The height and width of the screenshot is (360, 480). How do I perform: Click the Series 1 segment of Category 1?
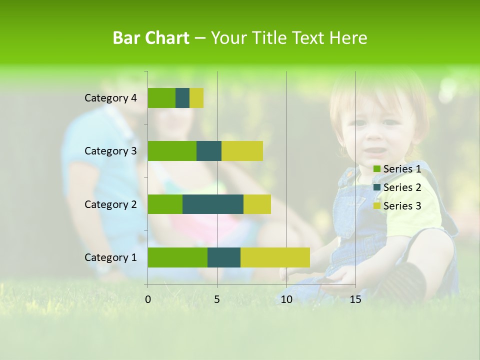[x=177, y=257]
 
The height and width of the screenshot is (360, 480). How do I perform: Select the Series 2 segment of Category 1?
[x=224, y=257]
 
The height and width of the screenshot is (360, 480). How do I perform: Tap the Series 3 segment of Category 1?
[x=275, y=257]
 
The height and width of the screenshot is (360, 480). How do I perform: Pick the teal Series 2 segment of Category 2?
[x=213, y=204]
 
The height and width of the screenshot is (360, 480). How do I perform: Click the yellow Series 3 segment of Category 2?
[x=257, y=204]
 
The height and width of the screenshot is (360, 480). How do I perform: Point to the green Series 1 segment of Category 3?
[x=172, y=151]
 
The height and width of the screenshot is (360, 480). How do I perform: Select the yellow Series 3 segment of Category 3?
[x=242, y=151]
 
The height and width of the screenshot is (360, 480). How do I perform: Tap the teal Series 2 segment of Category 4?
[x=182, y=98]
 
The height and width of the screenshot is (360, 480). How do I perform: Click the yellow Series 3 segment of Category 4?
[x=196, y=98]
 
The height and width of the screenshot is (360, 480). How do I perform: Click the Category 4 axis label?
[x=110, y=98]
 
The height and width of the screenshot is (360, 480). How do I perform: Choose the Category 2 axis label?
[x=110, y=204]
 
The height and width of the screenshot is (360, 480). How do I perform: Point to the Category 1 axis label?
[x=110, y=257]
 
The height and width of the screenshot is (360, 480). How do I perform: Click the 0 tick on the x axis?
[x=148, y=299]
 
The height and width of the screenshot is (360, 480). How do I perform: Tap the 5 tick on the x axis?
[x=217, y=299]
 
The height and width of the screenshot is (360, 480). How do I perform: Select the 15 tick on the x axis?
[x=355, y=299]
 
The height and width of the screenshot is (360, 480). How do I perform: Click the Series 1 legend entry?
[x=397, y=169]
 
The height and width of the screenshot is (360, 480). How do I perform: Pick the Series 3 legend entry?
[x=397, y=206]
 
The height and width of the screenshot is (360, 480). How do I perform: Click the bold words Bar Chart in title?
[x=151, y=38]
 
